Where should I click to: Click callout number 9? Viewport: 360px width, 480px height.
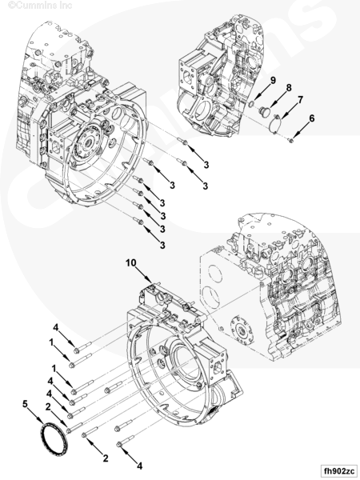pyautogui.click(x=272, y=81)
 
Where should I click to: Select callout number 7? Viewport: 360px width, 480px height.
pyautogui.click(x=301, y=99)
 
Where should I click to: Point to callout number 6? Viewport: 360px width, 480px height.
pyautogui.click(x=312, y=118)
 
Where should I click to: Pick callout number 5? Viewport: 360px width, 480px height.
pyautogui.click(x=26, y=405)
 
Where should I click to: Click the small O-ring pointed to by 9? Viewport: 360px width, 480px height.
pyautogui.click(x=251, y=103)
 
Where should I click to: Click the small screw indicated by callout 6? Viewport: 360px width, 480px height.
pyautogui.click(x=292, y=140)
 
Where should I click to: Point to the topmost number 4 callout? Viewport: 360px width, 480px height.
pyautogui.click(x=56, y=327)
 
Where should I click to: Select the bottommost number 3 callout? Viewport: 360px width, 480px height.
pyautogui.click(x=162, y=244)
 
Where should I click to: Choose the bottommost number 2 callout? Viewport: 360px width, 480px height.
pyautogui.click(x=105, y=458)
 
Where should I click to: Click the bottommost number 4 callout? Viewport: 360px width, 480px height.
pyautogui.click(x=140, y=465)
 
